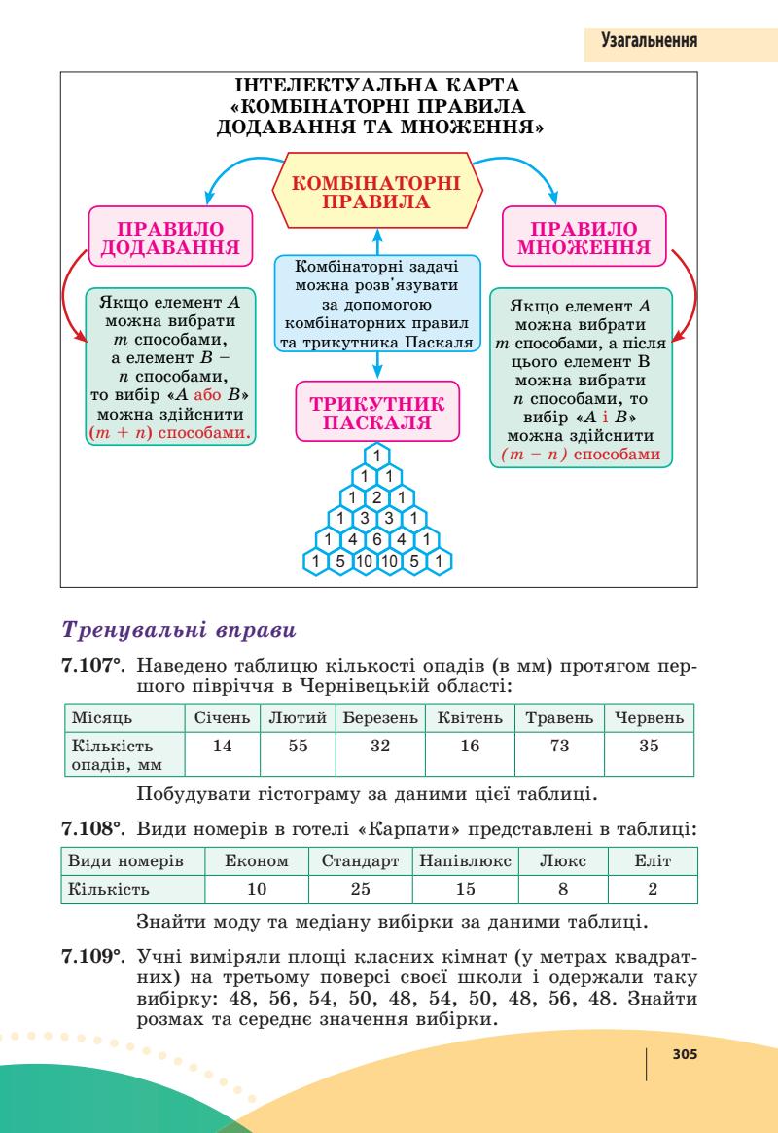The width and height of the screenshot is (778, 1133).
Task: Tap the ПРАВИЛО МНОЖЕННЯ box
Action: coord(585,238)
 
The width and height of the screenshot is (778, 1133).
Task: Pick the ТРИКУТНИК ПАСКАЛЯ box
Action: coord(376,413)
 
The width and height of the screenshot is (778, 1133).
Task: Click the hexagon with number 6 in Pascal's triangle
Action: coord(376,538)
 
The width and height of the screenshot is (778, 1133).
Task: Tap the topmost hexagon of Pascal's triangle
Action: coord(376,456)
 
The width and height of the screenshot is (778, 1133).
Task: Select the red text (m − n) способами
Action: coord(581,454)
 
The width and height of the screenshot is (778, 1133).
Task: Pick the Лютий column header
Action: coord(291,718)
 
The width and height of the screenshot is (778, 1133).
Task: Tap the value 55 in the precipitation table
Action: coord(291,748)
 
